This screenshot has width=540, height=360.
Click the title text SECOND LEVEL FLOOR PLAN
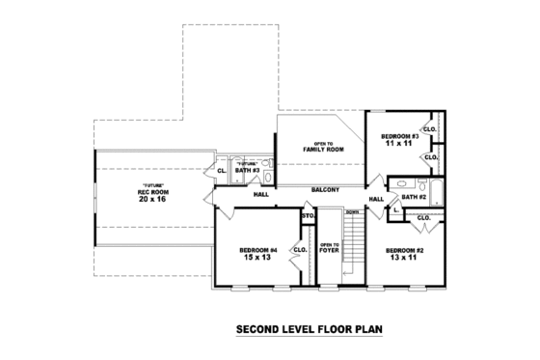[x=310, y=330]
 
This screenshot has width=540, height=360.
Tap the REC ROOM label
[x=150, y=191]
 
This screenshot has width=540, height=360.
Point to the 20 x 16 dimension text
[x=150, y=199]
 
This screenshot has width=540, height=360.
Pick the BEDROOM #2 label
[x=401, y=250]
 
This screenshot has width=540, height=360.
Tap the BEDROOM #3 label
[x=398, y=136]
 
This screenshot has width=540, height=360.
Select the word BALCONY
[x=325, y=189]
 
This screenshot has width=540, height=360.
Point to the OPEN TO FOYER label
[x=330, y=247]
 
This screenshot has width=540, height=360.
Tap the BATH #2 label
[x=414, y=197]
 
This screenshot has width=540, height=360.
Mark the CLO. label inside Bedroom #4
[x=300, y=250]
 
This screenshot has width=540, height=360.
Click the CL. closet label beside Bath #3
[x=222, y=171]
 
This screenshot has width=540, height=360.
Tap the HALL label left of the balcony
[x=260, y=194]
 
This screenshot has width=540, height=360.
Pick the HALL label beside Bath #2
[x=376, y=199]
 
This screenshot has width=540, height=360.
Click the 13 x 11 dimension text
[x=401, y=258]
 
